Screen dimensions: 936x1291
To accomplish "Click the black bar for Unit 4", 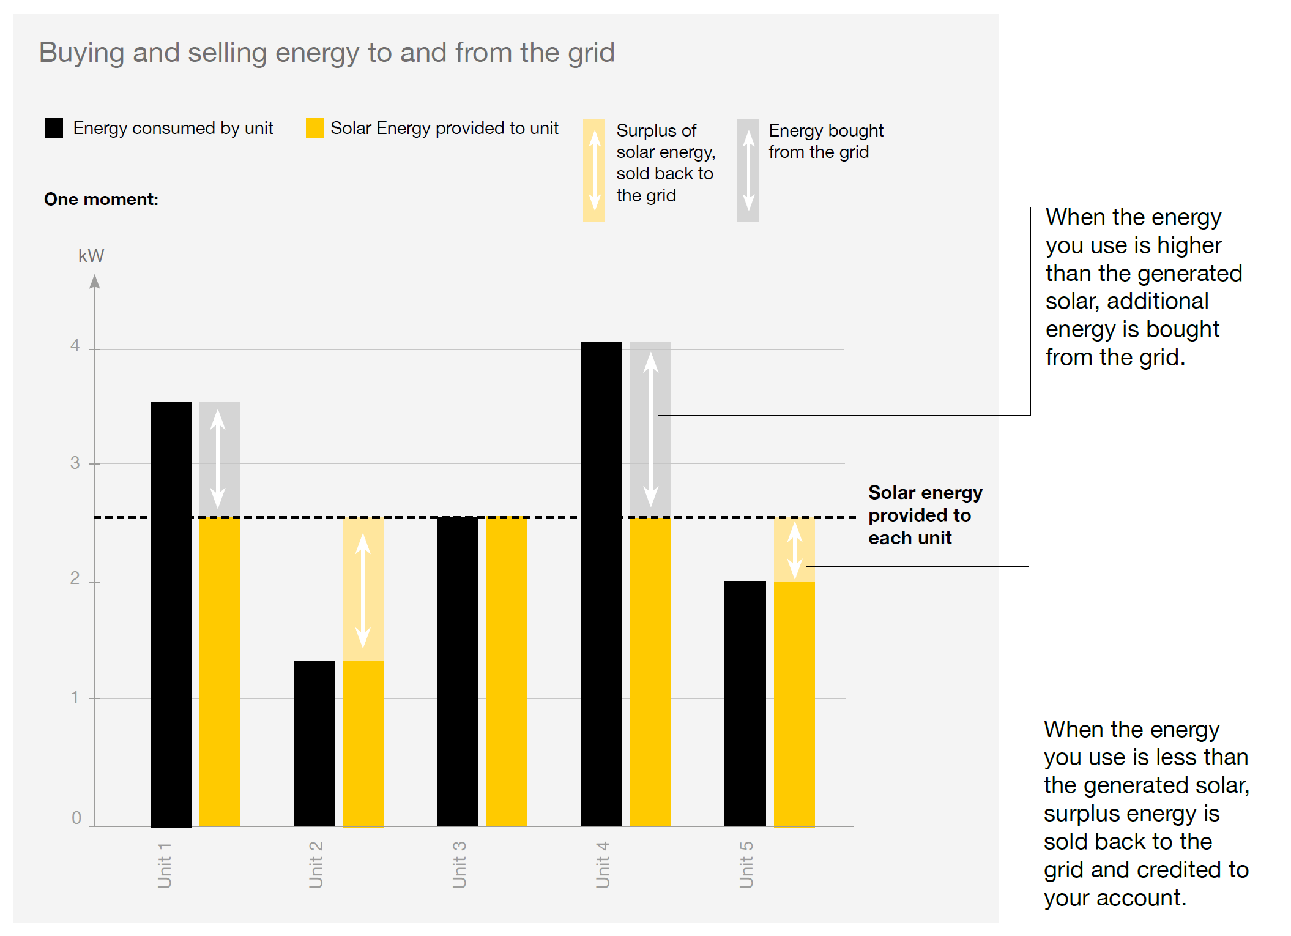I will pos(601,582).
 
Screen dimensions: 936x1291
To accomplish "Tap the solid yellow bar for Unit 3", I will pos(507,670).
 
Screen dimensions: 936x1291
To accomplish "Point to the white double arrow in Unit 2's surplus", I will pos(363,590).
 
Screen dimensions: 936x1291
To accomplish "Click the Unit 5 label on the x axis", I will pos(746,864).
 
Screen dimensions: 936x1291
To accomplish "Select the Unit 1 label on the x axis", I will pos(165,864).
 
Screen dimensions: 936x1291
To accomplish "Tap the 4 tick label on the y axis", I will pos(75,346).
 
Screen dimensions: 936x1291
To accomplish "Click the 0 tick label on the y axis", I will pos(76,818).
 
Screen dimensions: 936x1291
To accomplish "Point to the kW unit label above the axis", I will pos(91,256).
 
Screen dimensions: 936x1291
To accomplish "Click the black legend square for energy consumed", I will pos(54,129).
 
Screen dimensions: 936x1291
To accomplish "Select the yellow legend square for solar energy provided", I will pos(314,129).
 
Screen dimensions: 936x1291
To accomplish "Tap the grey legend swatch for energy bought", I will pos(748,170).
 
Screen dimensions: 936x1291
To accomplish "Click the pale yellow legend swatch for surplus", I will pos(593,170).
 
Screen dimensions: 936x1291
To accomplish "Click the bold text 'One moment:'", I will pos(101,200).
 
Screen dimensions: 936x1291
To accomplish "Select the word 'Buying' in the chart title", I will pos(81,53).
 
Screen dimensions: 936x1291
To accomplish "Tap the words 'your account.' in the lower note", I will pos(1115,897).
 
